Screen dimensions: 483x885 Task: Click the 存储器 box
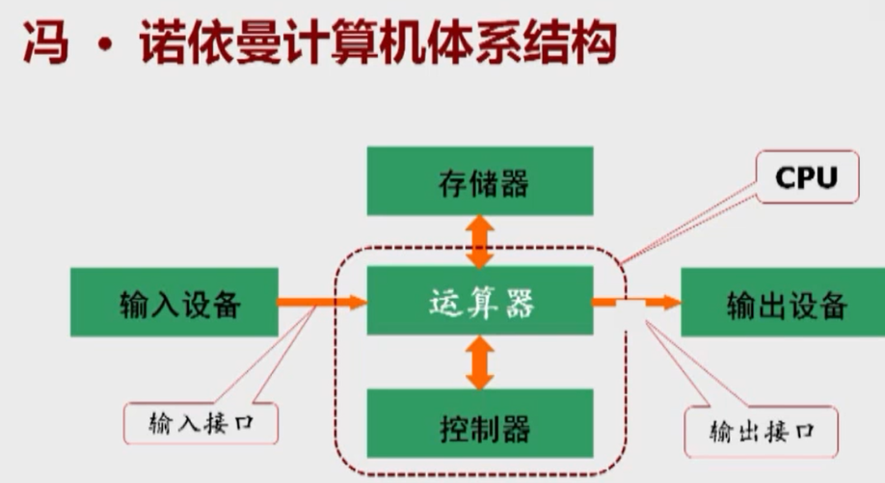click(479, 181)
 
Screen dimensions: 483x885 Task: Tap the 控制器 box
click(479, 424)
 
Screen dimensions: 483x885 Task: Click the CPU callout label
click(806, 177)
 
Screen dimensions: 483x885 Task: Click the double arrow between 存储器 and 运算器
click(479, 241)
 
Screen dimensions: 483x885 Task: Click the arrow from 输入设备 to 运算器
click(323, 303)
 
